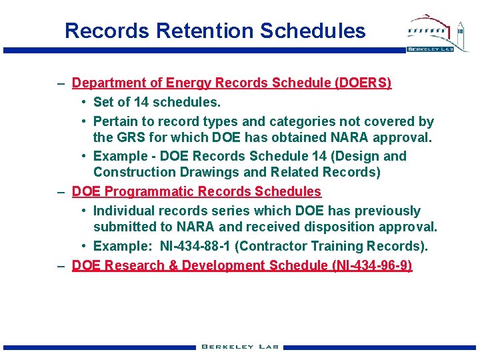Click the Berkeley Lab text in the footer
click(x=240, y=347)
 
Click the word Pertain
click(x=115, y=121)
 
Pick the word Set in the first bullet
click(x=103, y=102)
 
